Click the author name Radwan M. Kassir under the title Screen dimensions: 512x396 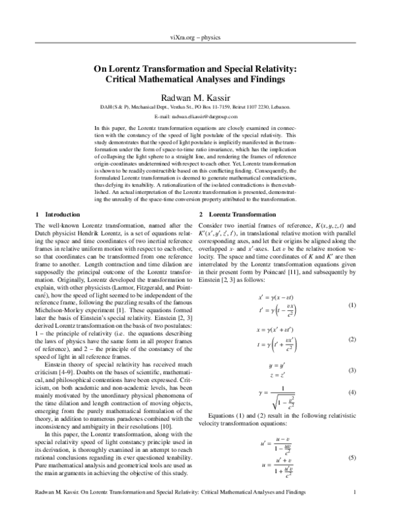coord(197,97)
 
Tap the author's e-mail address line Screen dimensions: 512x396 coord(197,115)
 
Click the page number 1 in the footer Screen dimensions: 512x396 coord(355,492)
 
